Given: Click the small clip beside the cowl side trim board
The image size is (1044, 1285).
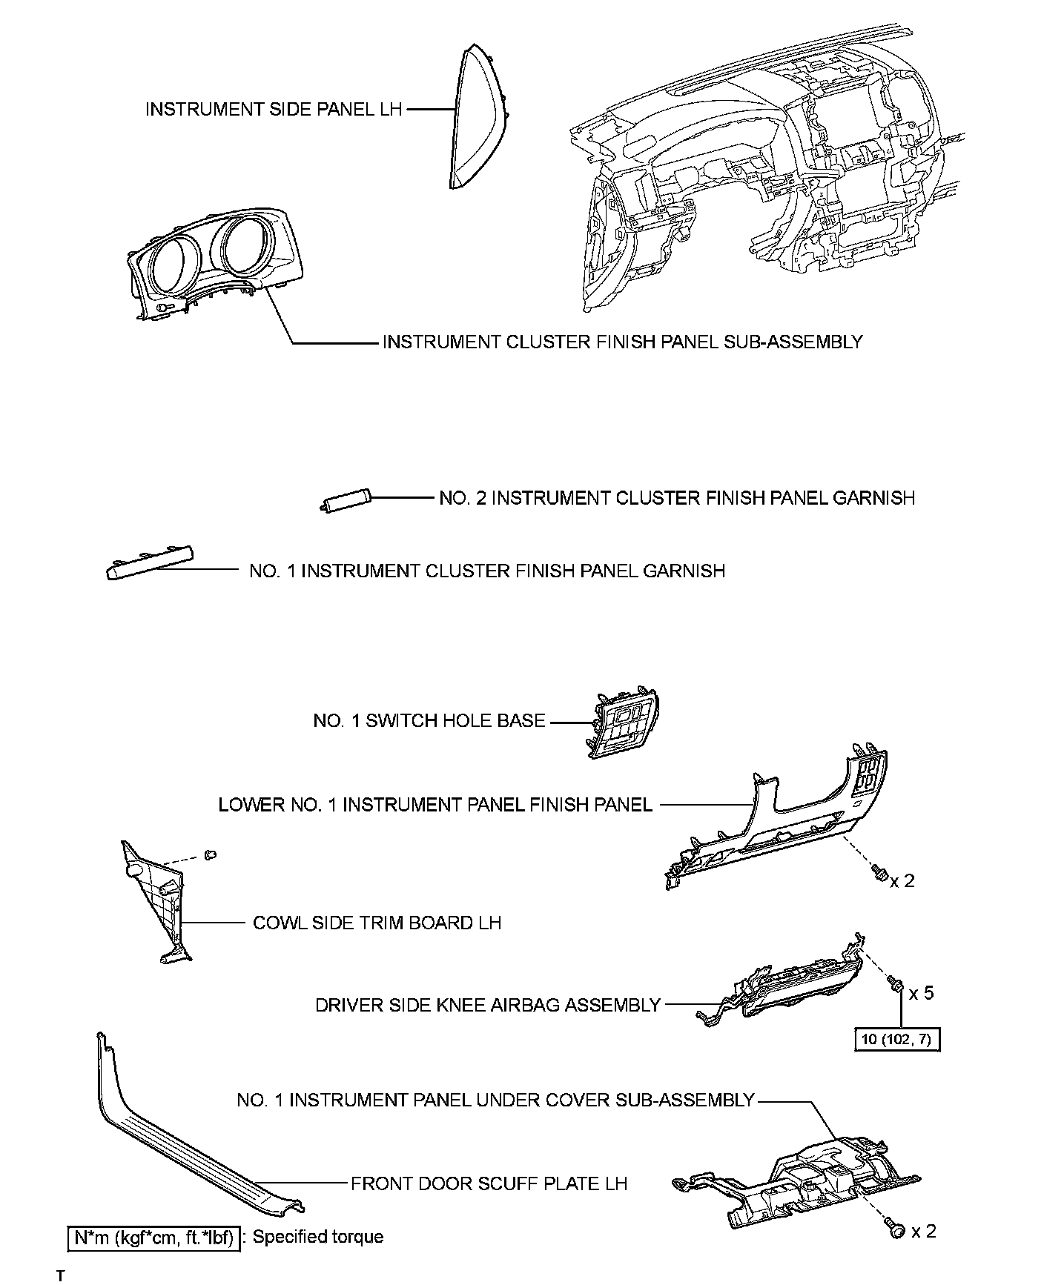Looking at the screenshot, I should pyautogui.click(x=211, y=855).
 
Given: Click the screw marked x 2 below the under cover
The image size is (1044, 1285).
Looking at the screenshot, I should pyautogui.click(x=895, y=1229).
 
